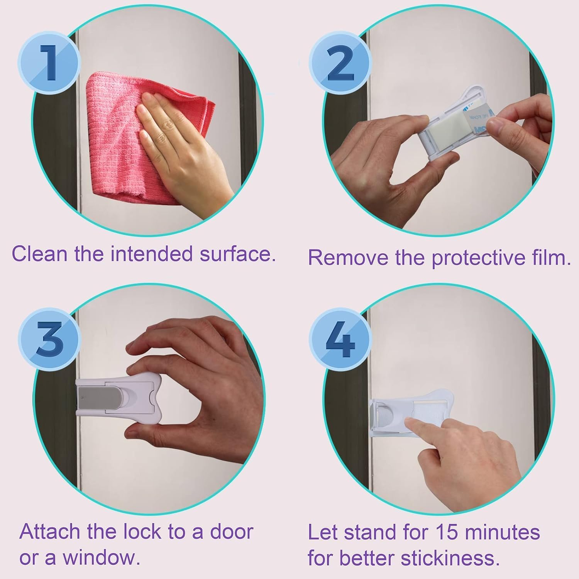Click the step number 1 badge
click(x=49, y=63)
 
